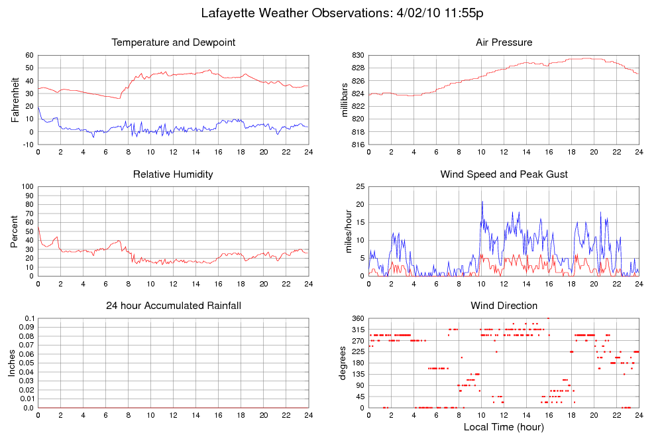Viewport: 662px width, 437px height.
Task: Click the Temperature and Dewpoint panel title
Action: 174,42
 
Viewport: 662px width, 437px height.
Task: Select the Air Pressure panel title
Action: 504,42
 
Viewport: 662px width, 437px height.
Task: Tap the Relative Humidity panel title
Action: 173,174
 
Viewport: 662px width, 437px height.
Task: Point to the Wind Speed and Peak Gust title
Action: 504,174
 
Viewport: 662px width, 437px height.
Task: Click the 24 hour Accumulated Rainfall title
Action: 174,306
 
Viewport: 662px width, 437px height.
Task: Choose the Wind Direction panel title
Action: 504,306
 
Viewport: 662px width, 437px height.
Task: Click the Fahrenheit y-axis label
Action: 15,100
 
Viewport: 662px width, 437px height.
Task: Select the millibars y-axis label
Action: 345,100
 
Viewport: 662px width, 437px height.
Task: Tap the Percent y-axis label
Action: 15,231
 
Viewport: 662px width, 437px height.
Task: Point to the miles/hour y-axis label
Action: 345,231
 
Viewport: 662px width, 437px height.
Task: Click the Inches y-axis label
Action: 12,363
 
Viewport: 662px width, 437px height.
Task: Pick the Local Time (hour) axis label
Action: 504,426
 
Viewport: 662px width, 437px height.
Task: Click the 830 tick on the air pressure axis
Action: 357,55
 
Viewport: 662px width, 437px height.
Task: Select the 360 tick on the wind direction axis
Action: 357,319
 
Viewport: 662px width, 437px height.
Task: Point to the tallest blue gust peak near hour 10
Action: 482,201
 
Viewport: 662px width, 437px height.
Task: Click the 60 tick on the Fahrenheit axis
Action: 29,55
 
